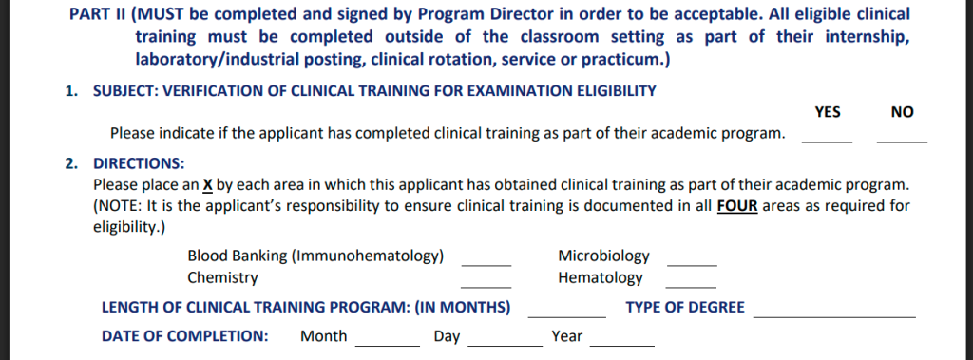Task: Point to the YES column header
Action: pyautogui.click(x=828, y=112)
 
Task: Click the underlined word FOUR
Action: pyautogui.click(x=737, y=206)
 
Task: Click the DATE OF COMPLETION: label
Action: pyautogui.click(x=184, y=335)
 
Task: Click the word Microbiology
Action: pyautogui.click(x=603, y=256)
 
